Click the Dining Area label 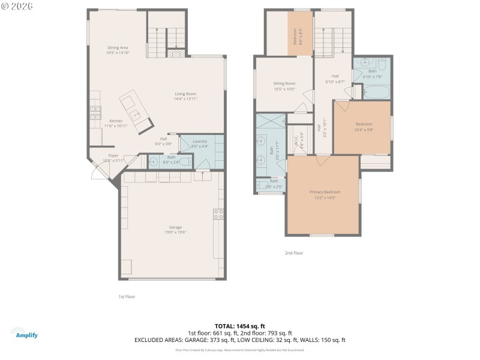118,48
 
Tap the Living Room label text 185,94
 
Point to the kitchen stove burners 95,112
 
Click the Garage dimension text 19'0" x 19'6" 175,232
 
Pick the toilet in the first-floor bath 184,161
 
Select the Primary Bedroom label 325,192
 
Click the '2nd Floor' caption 294,253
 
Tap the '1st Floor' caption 127,296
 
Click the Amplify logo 24,334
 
